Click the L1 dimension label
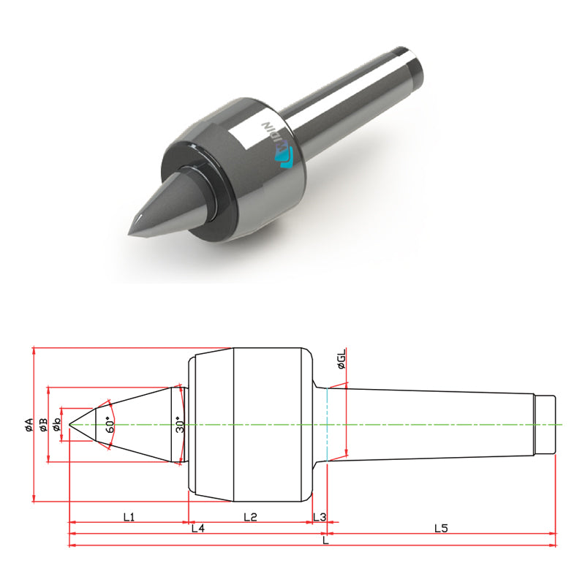pos(129,517)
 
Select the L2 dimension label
pos(250,517)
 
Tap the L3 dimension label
pos(320,517)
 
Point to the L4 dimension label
pos(198,528)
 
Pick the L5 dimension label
pos(441,528)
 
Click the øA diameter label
pos(29,425)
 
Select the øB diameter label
pos(44,425)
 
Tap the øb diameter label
pos(57,425)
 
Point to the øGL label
pos(341,359)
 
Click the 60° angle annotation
pos(111,424)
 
